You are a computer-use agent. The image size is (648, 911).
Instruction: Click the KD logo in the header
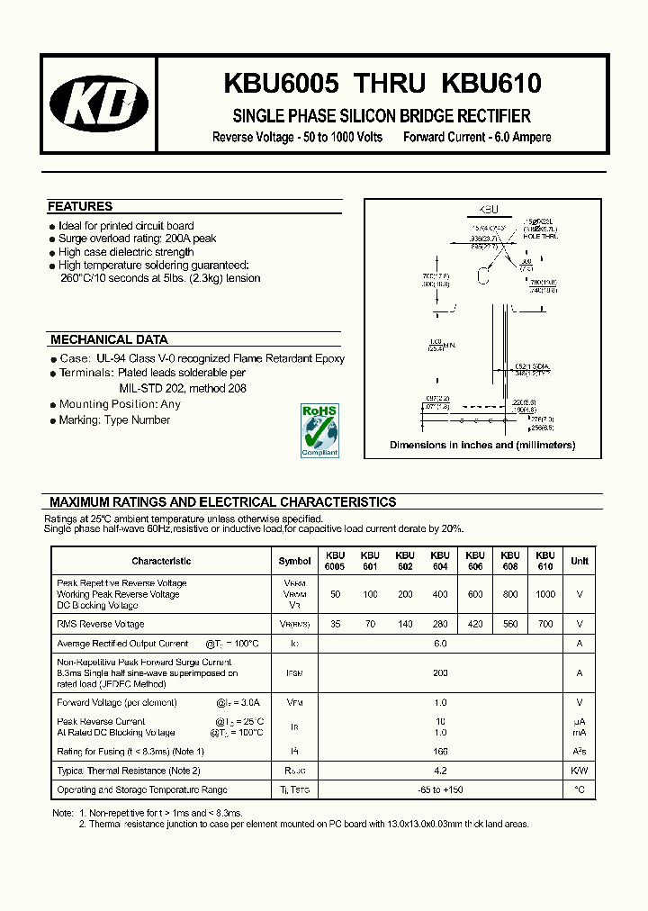(99, 104)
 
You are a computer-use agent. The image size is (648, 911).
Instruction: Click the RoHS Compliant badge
(319, 430)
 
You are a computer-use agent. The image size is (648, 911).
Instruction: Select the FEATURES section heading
(80, 206)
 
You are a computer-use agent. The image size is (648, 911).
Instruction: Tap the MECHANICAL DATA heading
(109, 339)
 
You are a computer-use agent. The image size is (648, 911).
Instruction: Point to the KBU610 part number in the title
(490, 84)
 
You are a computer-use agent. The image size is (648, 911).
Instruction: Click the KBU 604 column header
(439, 561)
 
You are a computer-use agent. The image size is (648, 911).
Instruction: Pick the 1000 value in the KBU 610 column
(544, 594)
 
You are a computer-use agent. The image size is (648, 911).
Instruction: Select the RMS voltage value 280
(439, 624)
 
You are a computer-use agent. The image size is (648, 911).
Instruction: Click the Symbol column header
(294, 561)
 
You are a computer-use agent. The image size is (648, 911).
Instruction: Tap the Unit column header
(580, 561)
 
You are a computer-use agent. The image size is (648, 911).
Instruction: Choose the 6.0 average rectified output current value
(440, 644)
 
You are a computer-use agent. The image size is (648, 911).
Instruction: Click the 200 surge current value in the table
(440, 672)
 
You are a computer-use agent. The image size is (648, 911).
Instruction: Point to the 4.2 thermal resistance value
(440, 771)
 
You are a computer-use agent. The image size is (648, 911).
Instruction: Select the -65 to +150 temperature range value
(440, 789)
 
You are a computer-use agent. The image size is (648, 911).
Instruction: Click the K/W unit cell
(580, 771)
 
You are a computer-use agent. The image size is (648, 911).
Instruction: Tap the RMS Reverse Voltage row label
(100, 624)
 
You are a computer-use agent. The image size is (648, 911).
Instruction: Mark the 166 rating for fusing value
(440, 752)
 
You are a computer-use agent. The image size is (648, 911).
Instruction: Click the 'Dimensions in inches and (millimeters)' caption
(482, 445)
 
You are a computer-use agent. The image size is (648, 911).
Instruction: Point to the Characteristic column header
(161, 561)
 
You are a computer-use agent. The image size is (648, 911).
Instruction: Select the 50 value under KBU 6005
(335, 594)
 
